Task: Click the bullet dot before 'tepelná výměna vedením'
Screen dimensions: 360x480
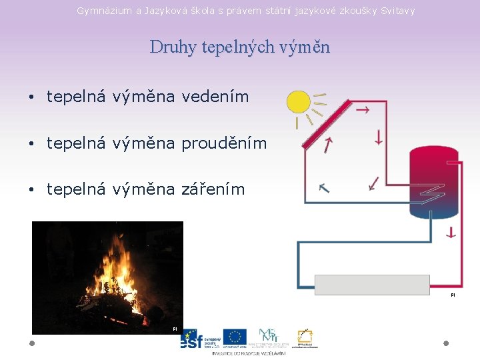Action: pyautogui.click(x=31, y=97)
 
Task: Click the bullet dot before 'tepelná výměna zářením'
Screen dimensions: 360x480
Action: pyautogui.click(x=31, y=190)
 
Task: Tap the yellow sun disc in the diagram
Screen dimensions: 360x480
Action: pyautogui.click(x=298, y=102)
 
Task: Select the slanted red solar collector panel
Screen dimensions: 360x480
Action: pyautogui.click(x=326, y=124)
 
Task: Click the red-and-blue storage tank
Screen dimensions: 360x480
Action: pyautogui.click(x=433, y=181)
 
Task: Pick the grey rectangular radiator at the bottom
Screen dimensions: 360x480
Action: pyautogui.click(x=372, y=285)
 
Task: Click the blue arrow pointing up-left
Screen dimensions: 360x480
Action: pyautogui.click(x=324, y=188)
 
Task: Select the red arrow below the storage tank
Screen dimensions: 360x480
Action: pyautogui.click(x=451, y=232)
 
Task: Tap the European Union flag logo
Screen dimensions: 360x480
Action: pyautogui.click(x=235, y=337)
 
